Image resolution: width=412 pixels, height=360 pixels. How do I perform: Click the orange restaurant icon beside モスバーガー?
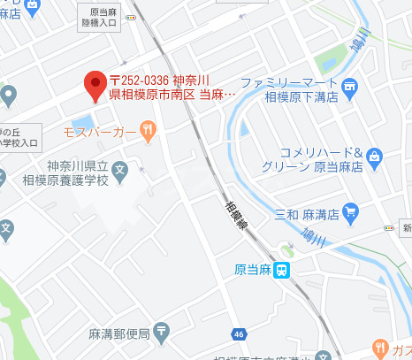(148, 132)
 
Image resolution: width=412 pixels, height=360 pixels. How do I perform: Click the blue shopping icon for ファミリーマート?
(350, 86)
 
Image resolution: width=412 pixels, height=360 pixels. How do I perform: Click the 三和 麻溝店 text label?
(311, 212)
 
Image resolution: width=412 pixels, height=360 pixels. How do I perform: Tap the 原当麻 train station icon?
(281, 271)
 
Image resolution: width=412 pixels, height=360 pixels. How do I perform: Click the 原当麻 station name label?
(252, 271)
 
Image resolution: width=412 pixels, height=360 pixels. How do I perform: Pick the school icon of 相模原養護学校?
(120, 167)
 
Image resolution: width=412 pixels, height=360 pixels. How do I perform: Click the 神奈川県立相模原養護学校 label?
(78, 174)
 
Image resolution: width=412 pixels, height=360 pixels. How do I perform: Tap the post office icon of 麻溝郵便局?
(161, 332)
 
